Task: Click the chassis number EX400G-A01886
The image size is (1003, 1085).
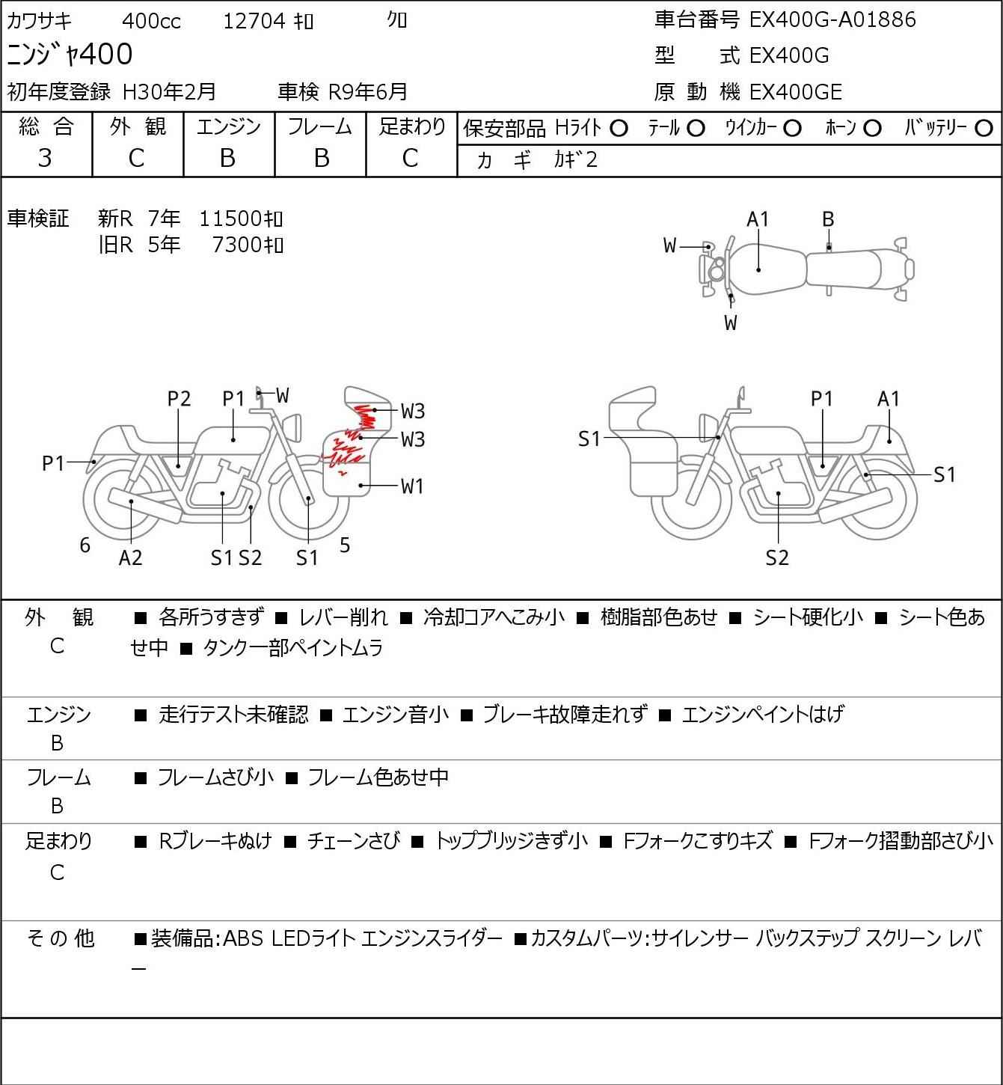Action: (x=832, y=19)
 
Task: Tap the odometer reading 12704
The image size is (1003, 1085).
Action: (x=254, y=21)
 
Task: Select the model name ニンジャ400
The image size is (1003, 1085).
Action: (x=70, y=54)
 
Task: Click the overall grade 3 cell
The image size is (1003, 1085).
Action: (x=46, y=159)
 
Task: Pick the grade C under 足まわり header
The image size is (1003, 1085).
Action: (x=411, y=159)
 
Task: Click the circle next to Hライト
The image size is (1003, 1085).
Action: (x=619, y=129)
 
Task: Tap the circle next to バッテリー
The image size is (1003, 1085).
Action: (x=984, y=129)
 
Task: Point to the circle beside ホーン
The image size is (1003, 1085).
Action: (x=872, y=129)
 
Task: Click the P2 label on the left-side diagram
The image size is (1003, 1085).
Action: (x=180, y=399)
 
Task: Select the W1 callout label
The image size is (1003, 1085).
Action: (x=412, y=486)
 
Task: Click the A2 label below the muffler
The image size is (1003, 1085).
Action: (x=131, y=557)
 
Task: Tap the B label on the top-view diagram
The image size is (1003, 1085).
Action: (x=828, y=220)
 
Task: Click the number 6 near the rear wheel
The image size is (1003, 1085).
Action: (x=85, y=545)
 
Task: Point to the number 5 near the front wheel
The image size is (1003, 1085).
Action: (x=345, y=545)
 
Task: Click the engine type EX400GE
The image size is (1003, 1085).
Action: (x=795, y=92)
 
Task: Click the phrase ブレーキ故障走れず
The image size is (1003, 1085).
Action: (x=565, y=714)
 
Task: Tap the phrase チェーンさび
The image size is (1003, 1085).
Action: (x=354, y=841)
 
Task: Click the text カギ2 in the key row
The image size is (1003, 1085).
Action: (x=576, y=160)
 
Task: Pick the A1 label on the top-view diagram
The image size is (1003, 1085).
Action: (x=758, y=220)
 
